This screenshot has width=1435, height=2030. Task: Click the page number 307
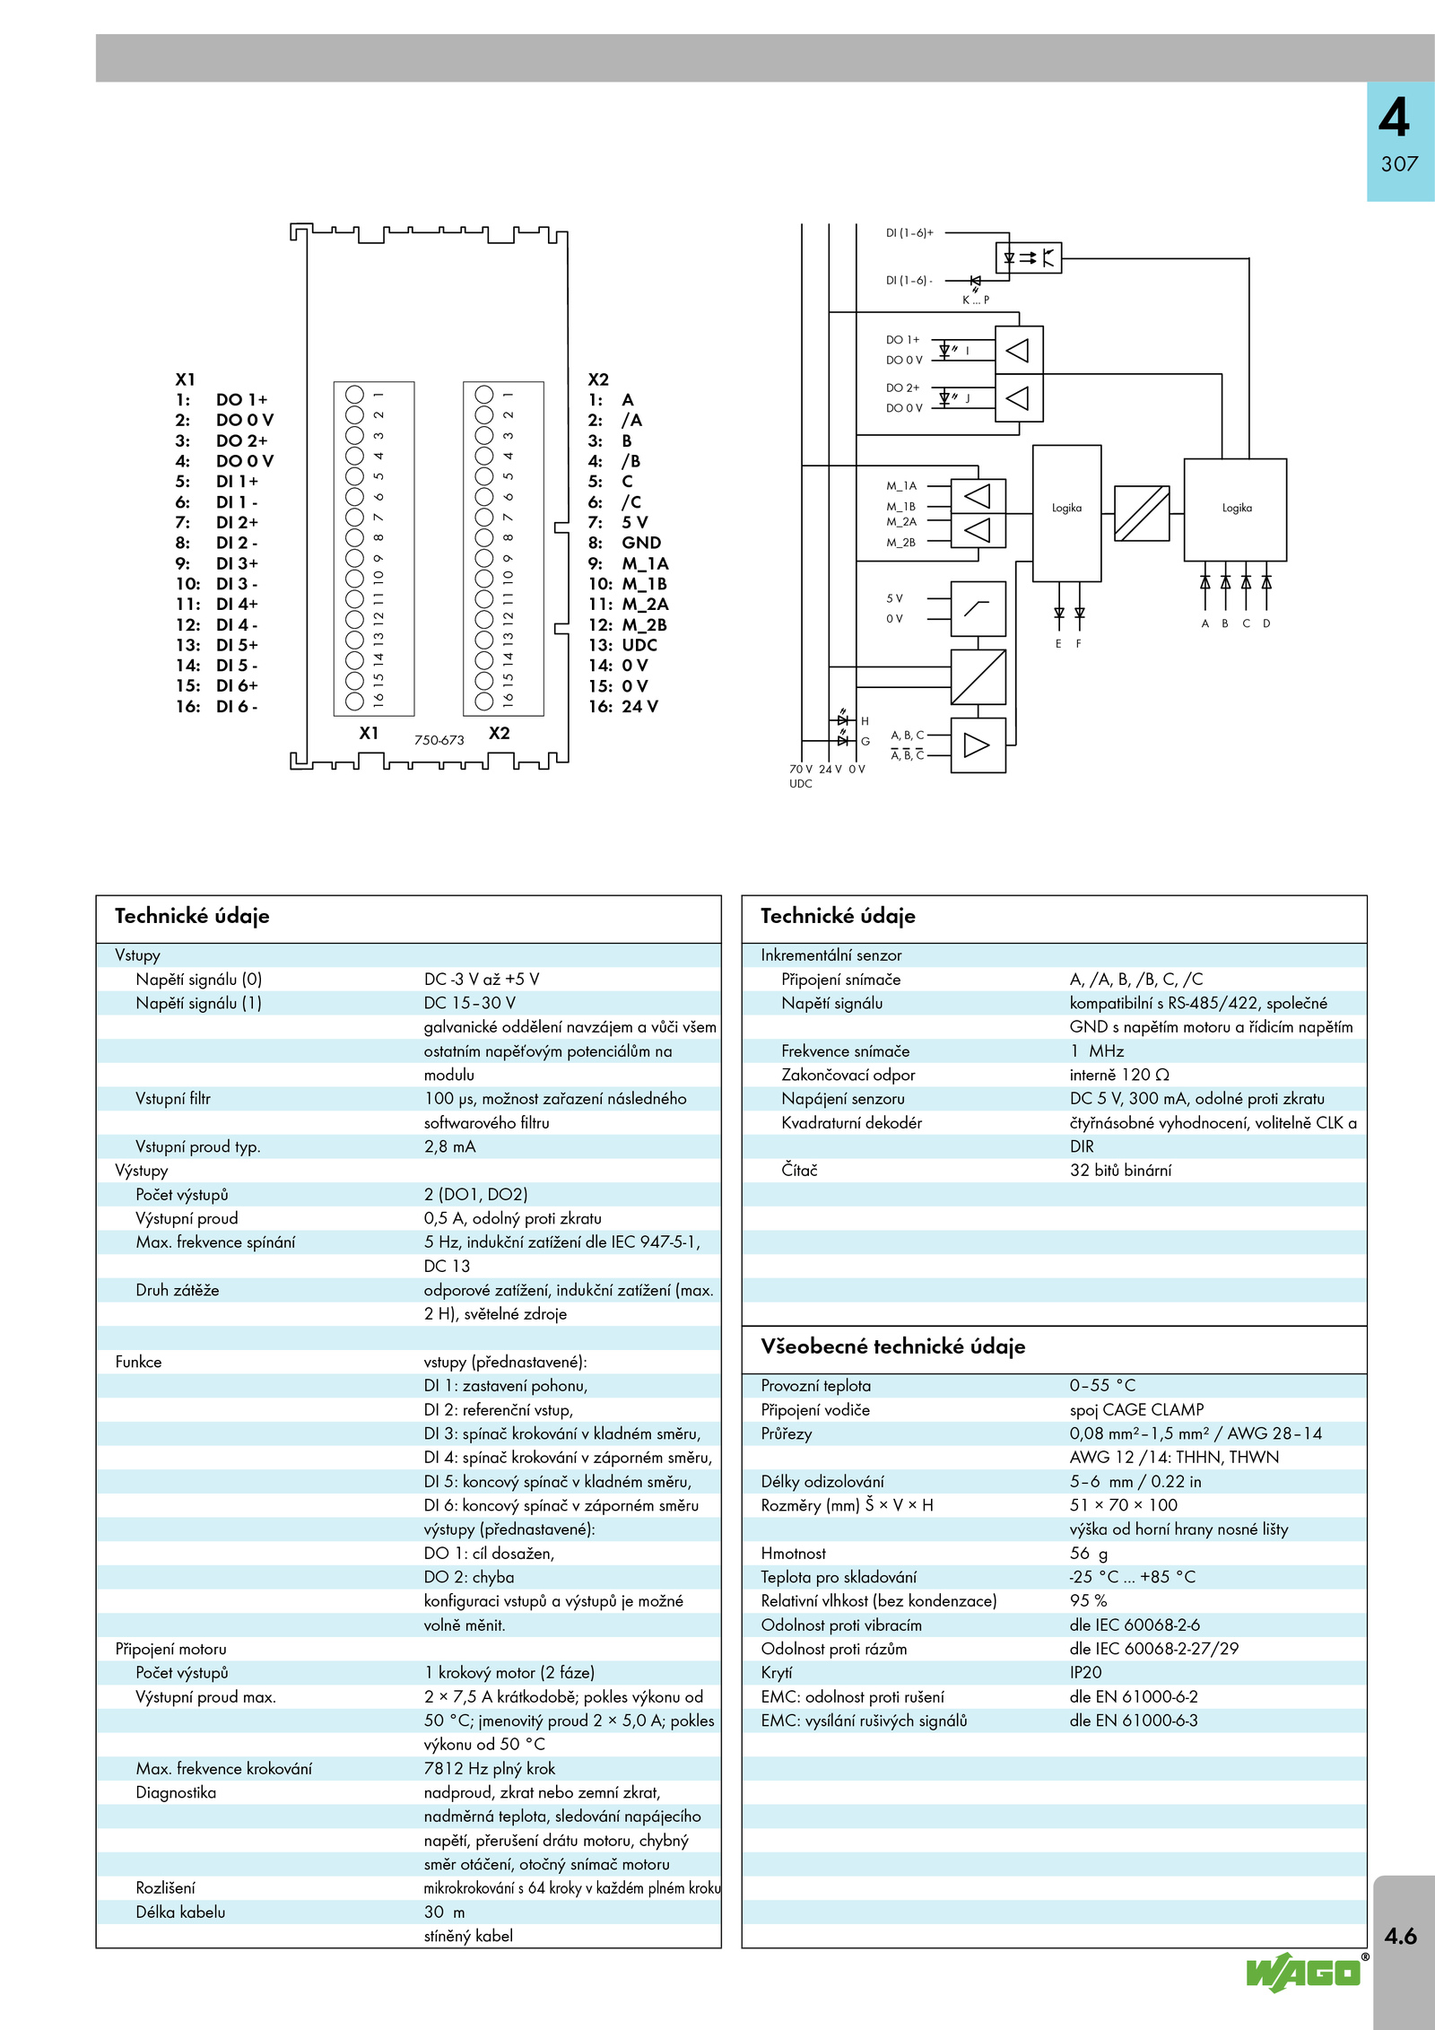tap(1399, 164)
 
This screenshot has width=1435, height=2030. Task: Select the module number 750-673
tap(439, 740)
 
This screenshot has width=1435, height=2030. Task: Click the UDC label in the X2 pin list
tap(639, 645)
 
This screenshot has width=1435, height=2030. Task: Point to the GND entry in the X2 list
tap(641, 543)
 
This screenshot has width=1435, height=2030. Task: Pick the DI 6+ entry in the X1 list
tap(237, 686)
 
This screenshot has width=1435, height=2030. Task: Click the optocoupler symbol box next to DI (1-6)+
tap(1029, 258)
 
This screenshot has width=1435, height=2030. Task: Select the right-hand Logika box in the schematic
tap(1235, 510)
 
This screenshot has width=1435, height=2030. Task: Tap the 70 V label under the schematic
tap(800, 769)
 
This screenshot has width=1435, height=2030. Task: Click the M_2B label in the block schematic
tap(901, 543)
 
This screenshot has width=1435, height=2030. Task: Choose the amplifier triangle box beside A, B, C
tap(978, 745)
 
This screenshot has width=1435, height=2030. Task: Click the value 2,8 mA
tap(449, 1146)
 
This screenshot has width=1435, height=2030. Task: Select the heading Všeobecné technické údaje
tap(893, 1346)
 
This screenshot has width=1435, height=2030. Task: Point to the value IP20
tap(1085, 1672)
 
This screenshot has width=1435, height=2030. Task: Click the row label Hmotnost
tap(794, 1553)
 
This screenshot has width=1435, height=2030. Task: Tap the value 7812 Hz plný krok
tap(490, 1768)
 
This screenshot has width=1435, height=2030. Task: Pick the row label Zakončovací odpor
tap(848, 1075)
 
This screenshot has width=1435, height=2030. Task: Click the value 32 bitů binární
tap(1120, 1170)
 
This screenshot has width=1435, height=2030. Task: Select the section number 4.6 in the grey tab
tap(1400, 1936)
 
